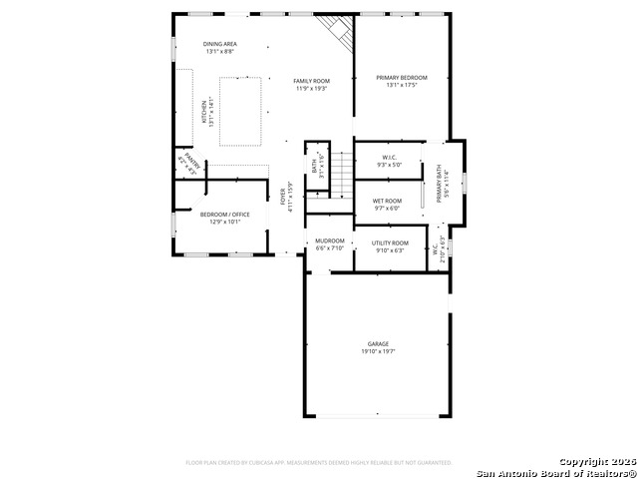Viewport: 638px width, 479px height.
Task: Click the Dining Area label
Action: pyautogui.click(x=219, y=44)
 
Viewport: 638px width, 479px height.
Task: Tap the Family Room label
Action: pyautogui.click(x=312, y=81)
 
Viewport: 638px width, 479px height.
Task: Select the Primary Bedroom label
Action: pyautogui.click(x=402, y=77)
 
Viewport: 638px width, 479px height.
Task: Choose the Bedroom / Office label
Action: pyautogui.click(x=224, y=215)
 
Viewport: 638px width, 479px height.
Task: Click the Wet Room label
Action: pyautogui.click(x=387, y=201)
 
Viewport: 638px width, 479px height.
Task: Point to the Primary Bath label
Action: pyautogui.click(x=440, y=182)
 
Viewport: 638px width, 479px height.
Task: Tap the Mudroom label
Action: pyautogui.click(x=330, y=240)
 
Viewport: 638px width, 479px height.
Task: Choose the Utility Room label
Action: pyautogui.click(x=390, y=242)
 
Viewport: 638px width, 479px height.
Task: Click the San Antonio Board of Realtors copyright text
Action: pyautogui.click(x=555, y=472)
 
